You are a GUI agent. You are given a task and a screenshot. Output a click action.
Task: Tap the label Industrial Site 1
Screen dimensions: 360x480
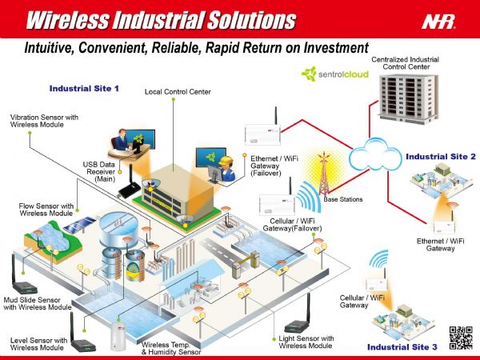pos(84,88)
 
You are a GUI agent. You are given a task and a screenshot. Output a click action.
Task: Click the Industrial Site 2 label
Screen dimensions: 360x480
pos(440,157)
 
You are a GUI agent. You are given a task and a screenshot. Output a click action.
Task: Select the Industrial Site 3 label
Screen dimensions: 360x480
pos(402,347)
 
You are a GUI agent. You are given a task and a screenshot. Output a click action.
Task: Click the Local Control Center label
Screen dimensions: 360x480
pos(178,92)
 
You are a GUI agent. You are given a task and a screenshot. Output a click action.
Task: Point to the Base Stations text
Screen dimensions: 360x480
pos(342,198)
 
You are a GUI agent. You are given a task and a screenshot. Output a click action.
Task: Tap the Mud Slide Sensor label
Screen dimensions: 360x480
pos(37,303)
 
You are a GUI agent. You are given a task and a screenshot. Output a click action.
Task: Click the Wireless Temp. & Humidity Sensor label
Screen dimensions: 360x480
pos(171,348)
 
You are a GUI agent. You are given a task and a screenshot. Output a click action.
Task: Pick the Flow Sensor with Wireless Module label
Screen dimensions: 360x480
pos(46,210)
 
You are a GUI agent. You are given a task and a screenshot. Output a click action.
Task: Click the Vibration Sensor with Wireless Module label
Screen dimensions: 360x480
pos(44,121)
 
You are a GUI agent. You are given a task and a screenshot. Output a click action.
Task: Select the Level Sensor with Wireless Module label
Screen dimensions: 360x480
pos(38,344)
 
